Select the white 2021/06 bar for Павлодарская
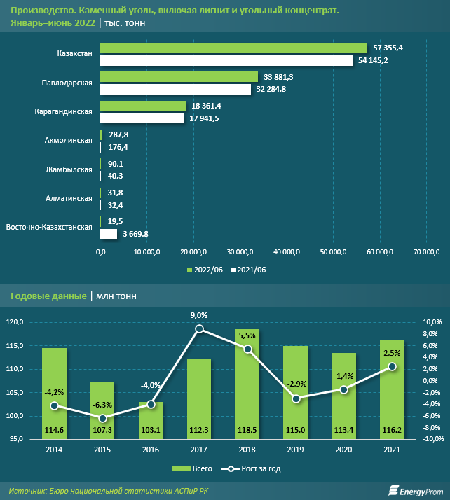(175, 90)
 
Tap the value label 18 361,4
(206, 105)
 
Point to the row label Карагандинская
(64, 111)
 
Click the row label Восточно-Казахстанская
(49, 227)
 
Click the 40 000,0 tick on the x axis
(286, 251)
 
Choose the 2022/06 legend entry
(205, 270)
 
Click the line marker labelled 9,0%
(200, 328)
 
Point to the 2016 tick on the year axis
(151, 450)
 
